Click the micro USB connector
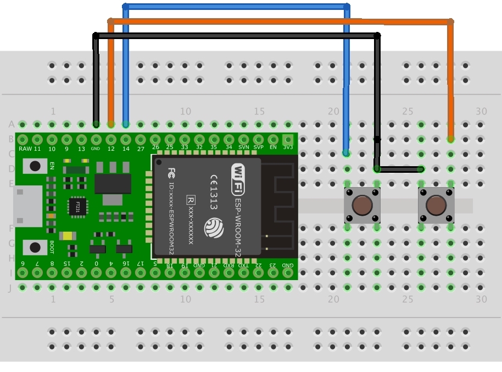[x=27, y=206]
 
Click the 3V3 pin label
[x=287, y=147]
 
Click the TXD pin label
[x=243, y=265]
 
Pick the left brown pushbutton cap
[x=362, y=206]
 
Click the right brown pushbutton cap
[x=436, y=206]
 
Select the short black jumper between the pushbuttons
[x=399, y=169]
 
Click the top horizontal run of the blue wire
[x=236, y=7]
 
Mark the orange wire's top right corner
[x=450, y=22]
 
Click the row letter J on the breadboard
[x=9, y=287]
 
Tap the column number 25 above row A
[x=407, y=112]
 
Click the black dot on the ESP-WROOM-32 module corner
[x=159, y=162]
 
